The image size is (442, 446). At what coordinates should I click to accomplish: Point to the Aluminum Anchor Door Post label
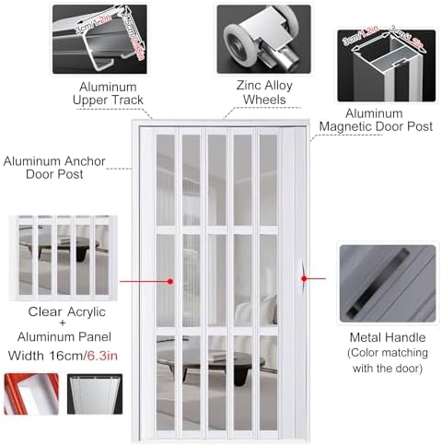click(54, 169)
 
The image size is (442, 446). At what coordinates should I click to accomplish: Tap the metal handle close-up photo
click(386, 282)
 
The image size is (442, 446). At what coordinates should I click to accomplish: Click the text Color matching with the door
click(386, 362)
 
